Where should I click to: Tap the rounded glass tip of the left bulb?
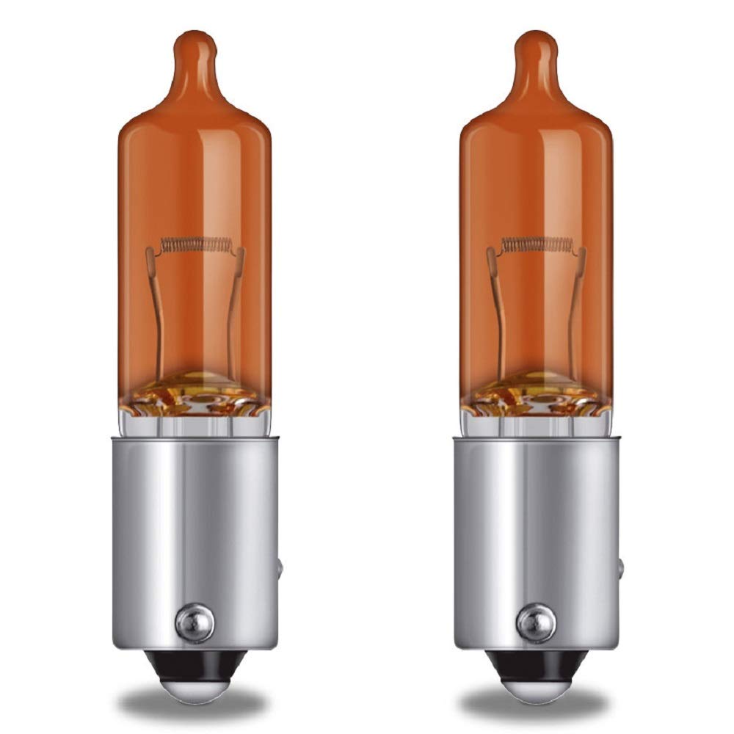[x=195, y=46]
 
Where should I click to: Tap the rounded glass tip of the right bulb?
[x=537, y=46]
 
